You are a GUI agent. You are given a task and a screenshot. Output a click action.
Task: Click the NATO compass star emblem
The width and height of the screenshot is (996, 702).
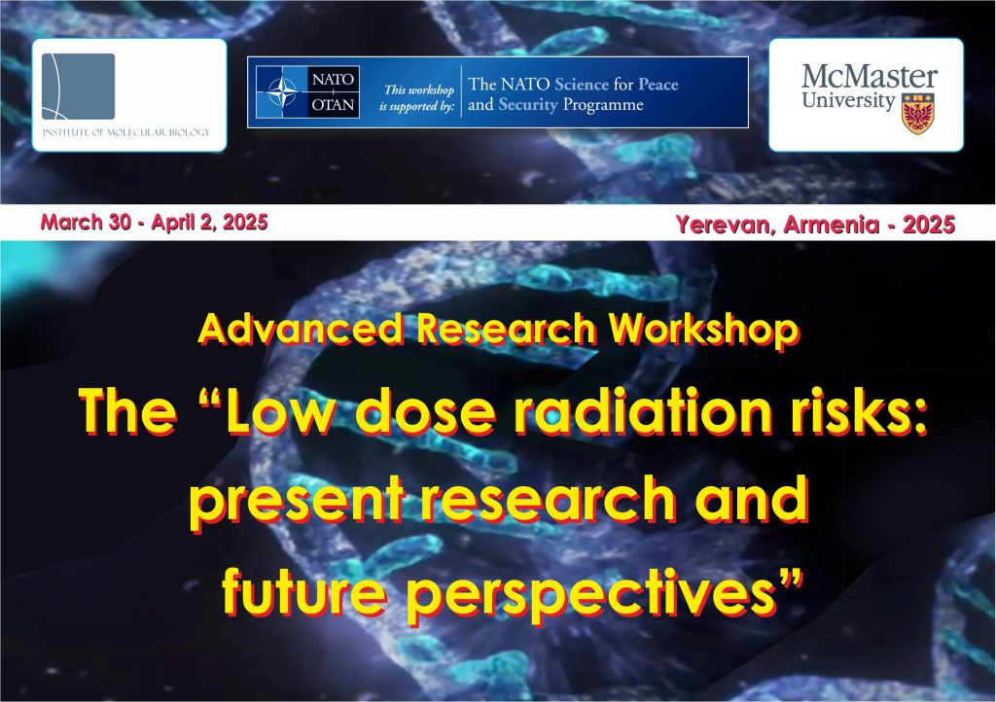282,92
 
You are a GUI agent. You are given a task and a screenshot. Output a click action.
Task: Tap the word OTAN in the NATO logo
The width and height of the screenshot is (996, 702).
333,104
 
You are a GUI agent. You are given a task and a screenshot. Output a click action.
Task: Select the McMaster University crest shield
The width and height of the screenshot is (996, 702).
918,114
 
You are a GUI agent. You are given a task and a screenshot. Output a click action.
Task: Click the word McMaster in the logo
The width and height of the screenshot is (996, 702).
869,78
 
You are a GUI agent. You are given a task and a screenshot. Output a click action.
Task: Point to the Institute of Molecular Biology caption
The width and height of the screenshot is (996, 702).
125,132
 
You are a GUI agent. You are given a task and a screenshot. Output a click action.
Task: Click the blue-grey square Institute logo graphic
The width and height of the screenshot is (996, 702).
78,87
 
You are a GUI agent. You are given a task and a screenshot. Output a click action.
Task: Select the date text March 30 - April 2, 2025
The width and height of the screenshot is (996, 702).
154,222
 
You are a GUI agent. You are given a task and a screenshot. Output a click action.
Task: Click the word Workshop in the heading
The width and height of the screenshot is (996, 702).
703,330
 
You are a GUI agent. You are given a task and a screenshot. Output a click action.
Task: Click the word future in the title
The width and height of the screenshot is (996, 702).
303,590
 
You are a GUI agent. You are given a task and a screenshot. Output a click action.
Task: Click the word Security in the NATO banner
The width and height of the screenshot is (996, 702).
528,105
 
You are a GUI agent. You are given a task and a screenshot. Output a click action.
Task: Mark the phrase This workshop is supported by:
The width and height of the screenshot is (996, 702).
418,98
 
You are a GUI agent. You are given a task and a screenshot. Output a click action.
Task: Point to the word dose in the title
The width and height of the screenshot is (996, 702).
425,410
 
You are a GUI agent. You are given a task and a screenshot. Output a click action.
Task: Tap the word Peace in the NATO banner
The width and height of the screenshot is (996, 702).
658,85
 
